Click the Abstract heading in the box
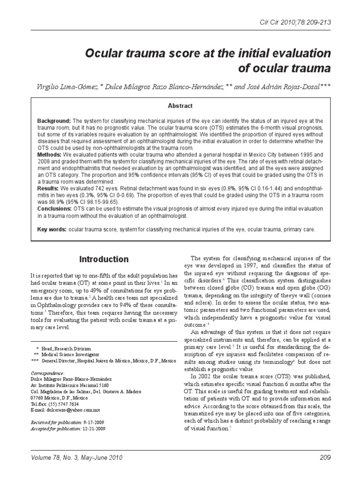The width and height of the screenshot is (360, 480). click(x=180, y=106)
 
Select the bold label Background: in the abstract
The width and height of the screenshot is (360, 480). click(x=54, y=121)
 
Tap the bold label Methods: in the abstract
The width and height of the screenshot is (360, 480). click(x=50, y=154)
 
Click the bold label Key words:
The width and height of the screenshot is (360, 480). click(x=52, y=229)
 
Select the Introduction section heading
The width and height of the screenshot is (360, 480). click(x=104, y=259)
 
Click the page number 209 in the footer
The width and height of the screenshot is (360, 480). click(x=323, y=457)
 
